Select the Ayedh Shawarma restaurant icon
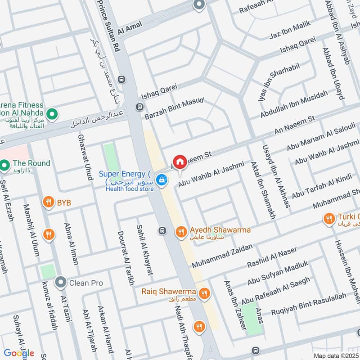180,232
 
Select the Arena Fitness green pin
51,114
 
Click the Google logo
19,353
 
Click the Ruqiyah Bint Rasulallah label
309,303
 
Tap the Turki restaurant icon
329,219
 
